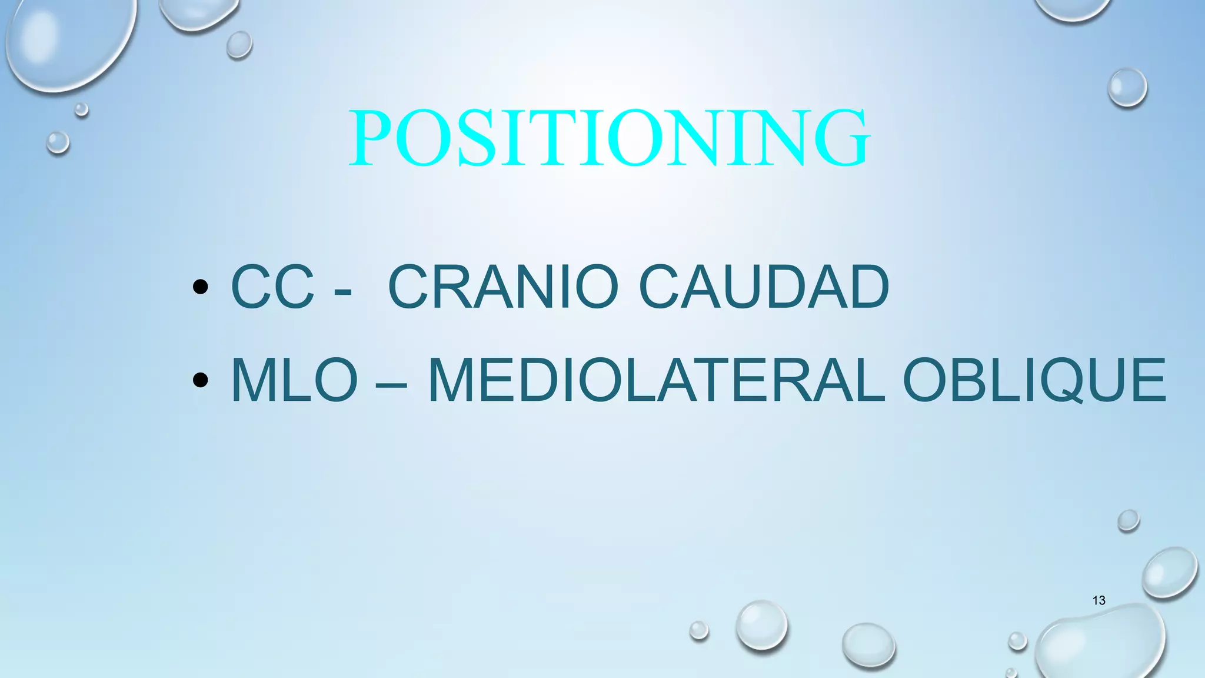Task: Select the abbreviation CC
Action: point(272,287)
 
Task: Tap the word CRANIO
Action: point(503,287)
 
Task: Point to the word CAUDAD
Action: point(763,287)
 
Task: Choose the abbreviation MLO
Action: point(294,380)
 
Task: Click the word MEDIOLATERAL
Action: point(656,380)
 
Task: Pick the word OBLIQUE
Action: point(1034,380)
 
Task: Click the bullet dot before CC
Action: point(200,287)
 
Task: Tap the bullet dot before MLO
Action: point(200,380)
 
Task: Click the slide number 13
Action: point(1099,600)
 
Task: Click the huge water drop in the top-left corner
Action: point(68,41)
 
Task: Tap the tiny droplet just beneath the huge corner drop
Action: point(81,109)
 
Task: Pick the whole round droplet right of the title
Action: point(1127,87)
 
